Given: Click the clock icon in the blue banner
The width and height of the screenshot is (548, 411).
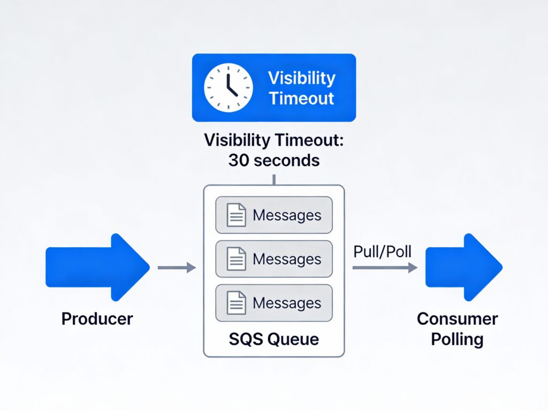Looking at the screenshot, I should click(x=228, y=88).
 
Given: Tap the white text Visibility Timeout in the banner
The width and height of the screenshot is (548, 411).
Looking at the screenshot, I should click(x=301, y=88).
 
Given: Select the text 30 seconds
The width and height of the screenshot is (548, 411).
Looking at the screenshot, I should click(x=273, y=161).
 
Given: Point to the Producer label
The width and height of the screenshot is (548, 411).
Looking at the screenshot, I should click(x=97, y=319).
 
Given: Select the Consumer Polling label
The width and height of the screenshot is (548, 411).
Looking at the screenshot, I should click(x=457, y=329).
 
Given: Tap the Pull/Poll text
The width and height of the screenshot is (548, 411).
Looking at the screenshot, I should click(x=382, y=252).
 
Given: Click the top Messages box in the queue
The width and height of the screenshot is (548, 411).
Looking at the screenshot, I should click(x=273, y=215).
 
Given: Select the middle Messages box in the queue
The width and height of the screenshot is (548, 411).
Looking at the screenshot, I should click(x=273, y=259).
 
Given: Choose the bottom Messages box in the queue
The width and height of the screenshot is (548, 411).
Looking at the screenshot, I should click(x=273, y=303).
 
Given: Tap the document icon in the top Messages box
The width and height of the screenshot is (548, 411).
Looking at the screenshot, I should click(x=236, y=216).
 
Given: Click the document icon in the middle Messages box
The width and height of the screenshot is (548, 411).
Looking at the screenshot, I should click(x=236, y=260).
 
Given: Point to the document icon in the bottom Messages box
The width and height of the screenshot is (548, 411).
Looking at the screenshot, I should click(x=236, y=303).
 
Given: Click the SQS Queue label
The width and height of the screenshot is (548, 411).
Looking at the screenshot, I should click(x=273, y=339).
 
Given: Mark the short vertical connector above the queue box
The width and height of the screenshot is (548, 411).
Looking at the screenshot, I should click(x=274, y=179).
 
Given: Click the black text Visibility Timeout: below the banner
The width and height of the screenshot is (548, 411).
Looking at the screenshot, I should click(x=273, y=141).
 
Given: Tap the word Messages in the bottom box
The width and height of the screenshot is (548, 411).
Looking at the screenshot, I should click(x=287, y=303).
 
